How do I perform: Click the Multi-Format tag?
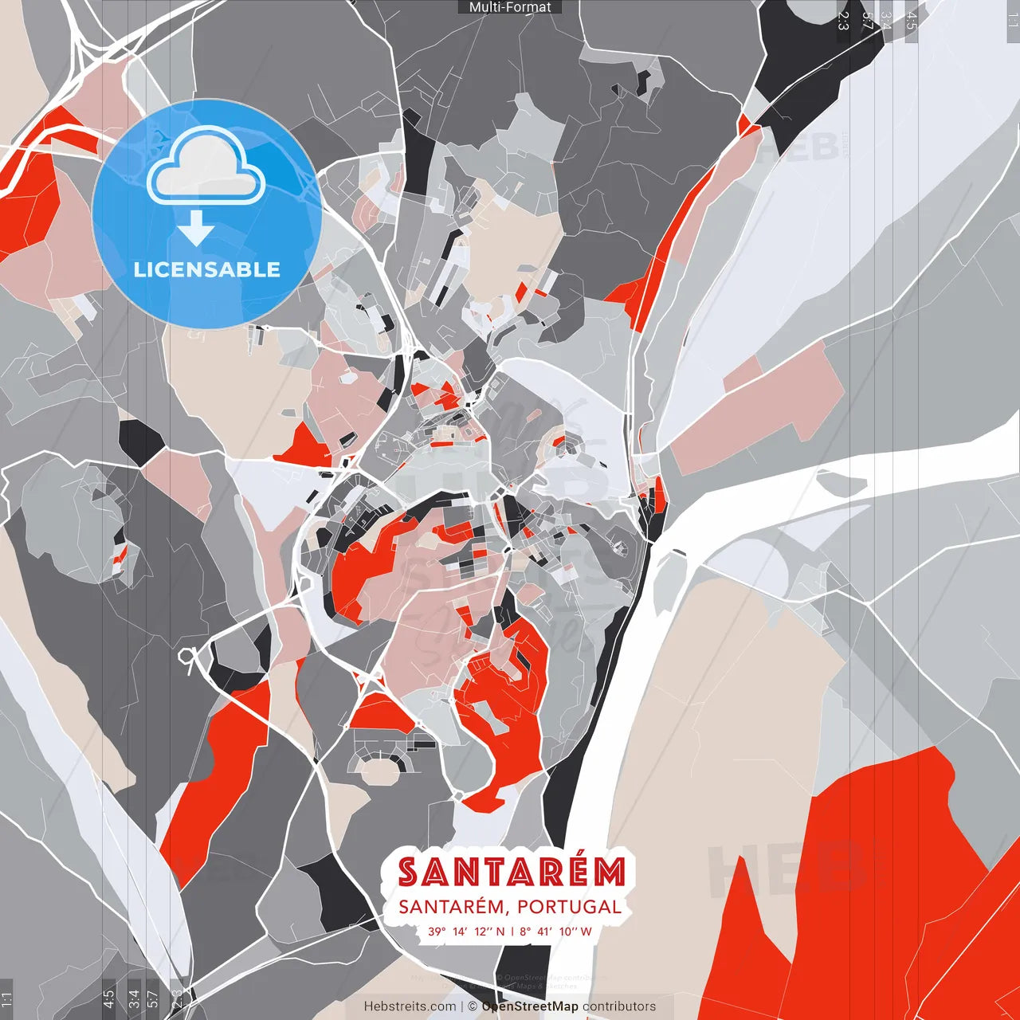(510, 7)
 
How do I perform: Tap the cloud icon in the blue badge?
(206, 169)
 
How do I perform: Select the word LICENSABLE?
(207, 269)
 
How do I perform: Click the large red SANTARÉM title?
(512, 872)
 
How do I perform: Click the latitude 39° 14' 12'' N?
(466, 932)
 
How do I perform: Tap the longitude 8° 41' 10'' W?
(556, 932)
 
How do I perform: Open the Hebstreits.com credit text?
(410, 1006)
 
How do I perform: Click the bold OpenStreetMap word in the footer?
(529, 1006)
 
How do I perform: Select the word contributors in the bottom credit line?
(619, 1006)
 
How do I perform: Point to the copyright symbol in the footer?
(473, 1006)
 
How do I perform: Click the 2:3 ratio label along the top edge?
(842, 20)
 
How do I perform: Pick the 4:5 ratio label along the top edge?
(912, 20)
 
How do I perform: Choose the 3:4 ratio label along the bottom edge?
(134, 998)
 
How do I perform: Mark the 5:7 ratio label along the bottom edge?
(153, 998)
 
